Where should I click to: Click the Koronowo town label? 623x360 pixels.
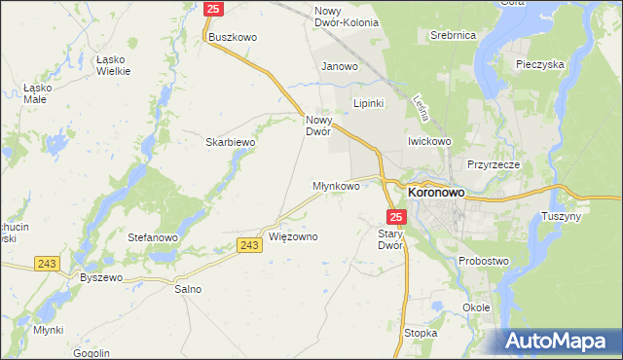(435, 193)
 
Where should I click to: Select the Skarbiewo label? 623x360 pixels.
(230, 142)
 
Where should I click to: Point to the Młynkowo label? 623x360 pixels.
(336, 185)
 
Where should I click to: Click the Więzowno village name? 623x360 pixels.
(293, 236)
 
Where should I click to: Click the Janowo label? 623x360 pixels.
(341, 67)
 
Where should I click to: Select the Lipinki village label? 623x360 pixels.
(370, 102)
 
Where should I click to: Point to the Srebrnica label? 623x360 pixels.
(453, 35)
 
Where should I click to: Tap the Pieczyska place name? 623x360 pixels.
(541, 64)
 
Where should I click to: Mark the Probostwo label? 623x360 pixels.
(486, 261)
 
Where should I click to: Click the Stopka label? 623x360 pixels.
(421, 333)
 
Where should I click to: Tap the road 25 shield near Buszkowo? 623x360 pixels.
(215, 9)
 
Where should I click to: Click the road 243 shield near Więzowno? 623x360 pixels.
(248, 245)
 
